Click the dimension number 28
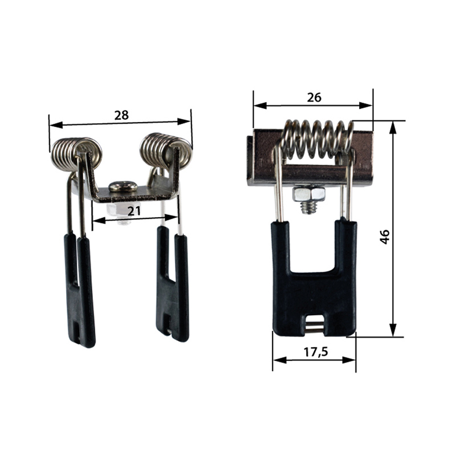121,116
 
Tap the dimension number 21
134,210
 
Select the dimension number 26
314,97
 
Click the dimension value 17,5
316,352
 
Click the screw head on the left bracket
123,186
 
